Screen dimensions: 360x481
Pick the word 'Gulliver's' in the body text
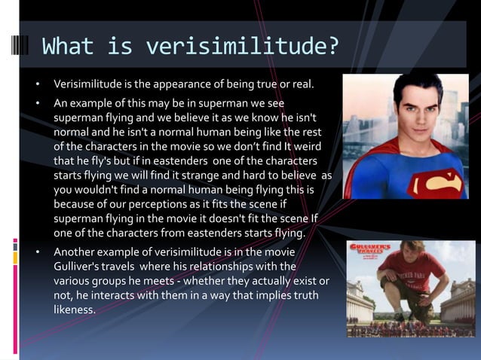(x=79, y=266)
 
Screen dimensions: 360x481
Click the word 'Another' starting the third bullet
(x=75, y=252)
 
